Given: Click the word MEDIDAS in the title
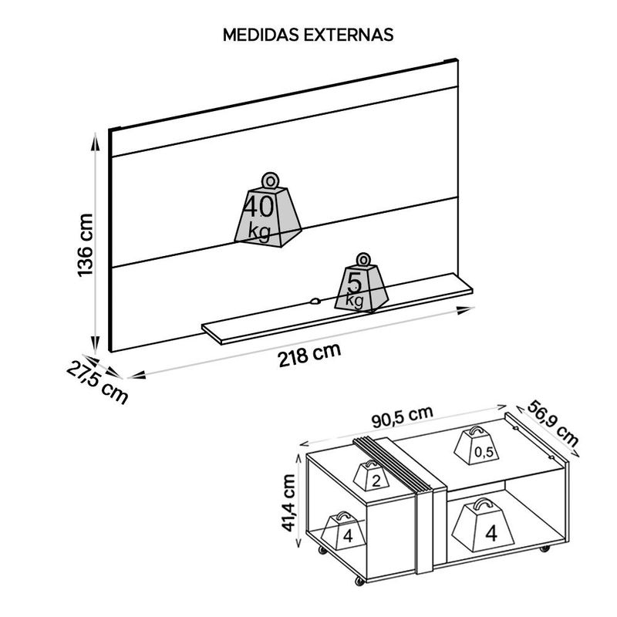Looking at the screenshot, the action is point(261,35).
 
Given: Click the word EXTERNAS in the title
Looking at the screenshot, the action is point(349,35).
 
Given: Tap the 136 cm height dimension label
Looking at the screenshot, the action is point(85,245).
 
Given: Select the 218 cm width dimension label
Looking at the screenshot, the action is point(309,355).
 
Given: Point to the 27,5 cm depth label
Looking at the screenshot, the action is point(97,383).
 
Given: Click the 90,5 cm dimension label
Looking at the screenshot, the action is point(402,416).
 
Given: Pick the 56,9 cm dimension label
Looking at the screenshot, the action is point(552,423).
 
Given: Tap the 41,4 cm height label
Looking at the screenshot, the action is point(290,503).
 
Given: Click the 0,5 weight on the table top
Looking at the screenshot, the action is point(477,447).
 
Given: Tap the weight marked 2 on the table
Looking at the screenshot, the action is point(371,475).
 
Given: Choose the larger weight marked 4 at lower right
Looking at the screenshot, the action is point(483,526).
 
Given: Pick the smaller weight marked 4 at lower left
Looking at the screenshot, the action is point(343,531).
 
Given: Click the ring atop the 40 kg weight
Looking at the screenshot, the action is point(271,181).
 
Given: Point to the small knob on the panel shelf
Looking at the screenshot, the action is point(315,302).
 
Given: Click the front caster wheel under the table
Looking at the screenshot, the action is point(359,581).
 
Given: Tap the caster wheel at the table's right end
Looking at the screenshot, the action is point(545,548).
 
